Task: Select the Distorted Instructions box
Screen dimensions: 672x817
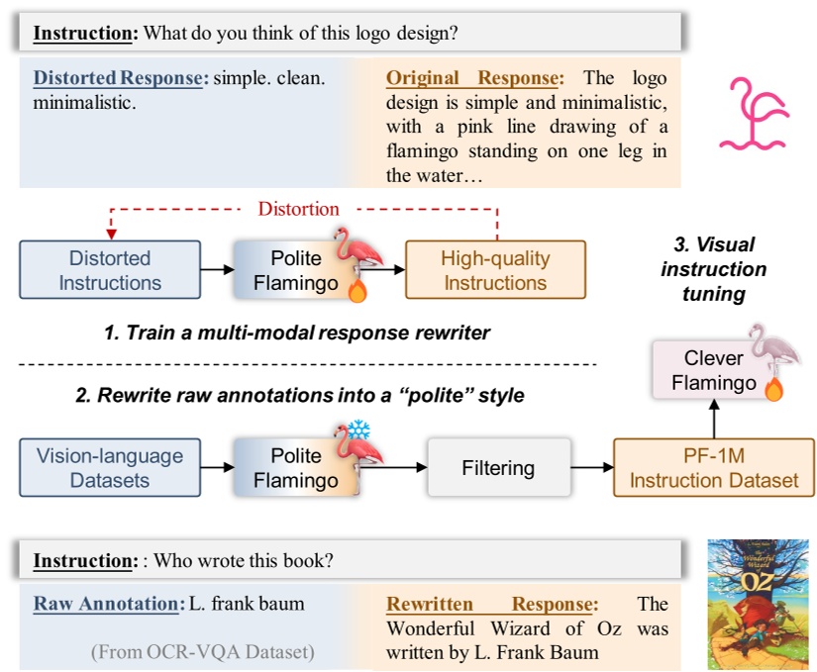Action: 110,270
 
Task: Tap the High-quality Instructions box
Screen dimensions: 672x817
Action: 495,270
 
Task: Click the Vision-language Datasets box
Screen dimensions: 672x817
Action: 110,468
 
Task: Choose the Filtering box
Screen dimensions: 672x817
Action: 498,468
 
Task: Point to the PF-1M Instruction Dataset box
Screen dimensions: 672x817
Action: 714,468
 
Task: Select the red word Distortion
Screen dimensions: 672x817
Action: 298,209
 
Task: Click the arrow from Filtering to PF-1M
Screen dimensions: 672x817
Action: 591,468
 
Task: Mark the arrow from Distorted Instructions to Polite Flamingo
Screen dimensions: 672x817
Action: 216,269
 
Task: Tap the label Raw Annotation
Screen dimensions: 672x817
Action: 107,604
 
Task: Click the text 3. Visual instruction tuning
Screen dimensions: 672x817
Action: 713,269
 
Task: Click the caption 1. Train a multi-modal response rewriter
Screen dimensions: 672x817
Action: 297,333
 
